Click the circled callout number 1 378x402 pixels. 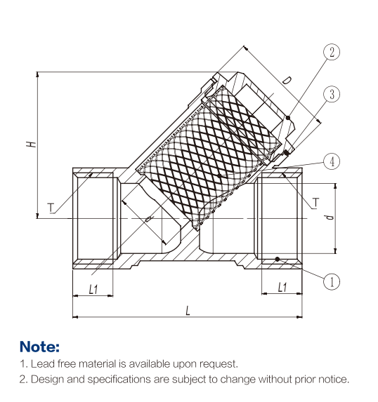(332, 281)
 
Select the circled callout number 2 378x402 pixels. (332, 52)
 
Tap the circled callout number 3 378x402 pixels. (332, 94)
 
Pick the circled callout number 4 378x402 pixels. (332, 161)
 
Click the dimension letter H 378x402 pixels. (31, 144)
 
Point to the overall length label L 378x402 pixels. (188, 311)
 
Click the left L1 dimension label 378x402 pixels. (93, 290)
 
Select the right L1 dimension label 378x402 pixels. (282, 287)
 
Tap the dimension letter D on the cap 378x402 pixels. (287, 81)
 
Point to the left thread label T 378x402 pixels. (51, 208)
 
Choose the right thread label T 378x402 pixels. (315, 203)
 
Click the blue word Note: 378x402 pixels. (39, 347)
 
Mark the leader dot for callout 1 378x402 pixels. (278, 259)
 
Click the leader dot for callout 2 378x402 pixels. (288, 118)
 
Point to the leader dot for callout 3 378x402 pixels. (287, 153)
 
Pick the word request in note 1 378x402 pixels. (219, 364)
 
